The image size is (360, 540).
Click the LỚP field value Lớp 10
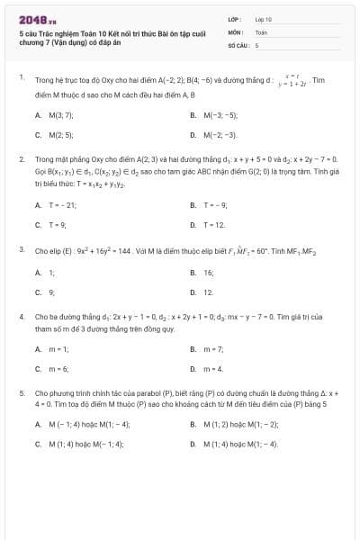tap(263, 18)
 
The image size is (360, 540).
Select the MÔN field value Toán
tap(261, 31)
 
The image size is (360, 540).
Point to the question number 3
tap(21, 248)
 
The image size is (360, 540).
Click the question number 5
tap(21, 392)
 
